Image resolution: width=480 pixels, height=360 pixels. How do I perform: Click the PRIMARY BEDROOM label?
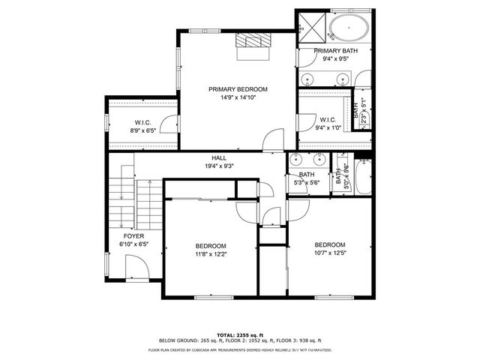pyautogui.click(x=238, y=89)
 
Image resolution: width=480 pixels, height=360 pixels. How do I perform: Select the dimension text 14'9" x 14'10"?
pyautogui.click(x=238, y=97)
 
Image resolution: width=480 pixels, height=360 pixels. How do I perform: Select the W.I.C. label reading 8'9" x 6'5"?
pyautogui.click(x=143, y=123)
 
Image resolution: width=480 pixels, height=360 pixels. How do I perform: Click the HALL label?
pyautogui.click(x=219, y=158)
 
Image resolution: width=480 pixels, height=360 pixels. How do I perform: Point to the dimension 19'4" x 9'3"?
pyautogui.click(x=219, y=166)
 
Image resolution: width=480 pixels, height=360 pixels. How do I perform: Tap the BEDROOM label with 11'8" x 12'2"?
pyautogui.click(x=211, y=246)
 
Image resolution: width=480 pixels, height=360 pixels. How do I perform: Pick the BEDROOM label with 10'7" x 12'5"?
pyautogui.click(x=329, y=245)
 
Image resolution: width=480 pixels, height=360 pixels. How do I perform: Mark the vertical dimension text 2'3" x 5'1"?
pyautogui.click(x=364, y=112)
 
